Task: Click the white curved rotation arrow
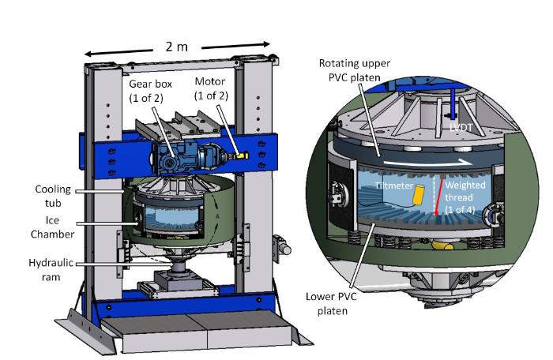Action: pos(442,164)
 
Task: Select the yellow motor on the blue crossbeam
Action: pos(241,156)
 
